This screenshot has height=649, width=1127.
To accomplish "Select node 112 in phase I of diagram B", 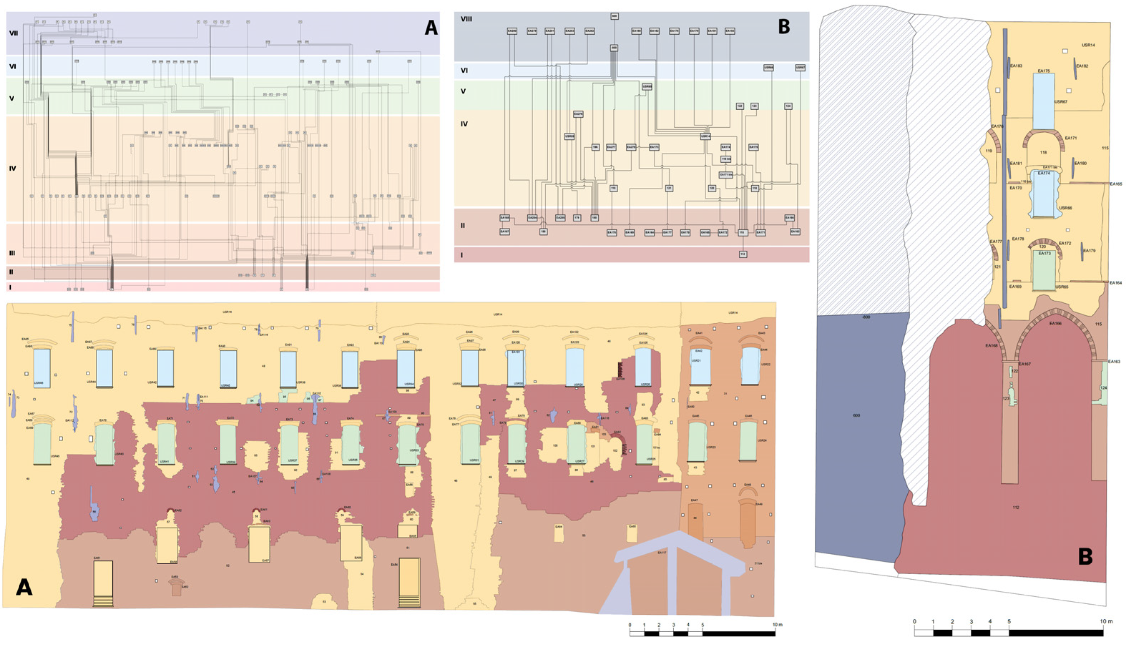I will (742, 254).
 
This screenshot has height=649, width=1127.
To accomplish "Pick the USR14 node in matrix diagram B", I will (705, 136).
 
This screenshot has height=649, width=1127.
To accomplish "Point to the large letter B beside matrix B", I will (784, 27).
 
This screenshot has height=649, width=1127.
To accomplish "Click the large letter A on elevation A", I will (24, 587).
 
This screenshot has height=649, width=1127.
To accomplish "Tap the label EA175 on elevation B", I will (1044, 71).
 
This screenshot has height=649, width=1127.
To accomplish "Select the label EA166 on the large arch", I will (1055, 324).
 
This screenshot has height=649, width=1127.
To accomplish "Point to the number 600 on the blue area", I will (856, 416).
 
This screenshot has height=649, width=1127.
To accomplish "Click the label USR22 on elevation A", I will (766, 364).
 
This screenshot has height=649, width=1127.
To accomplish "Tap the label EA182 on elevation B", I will (1082, 66).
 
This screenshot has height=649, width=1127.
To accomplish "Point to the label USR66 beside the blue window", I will (1065, 208).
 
